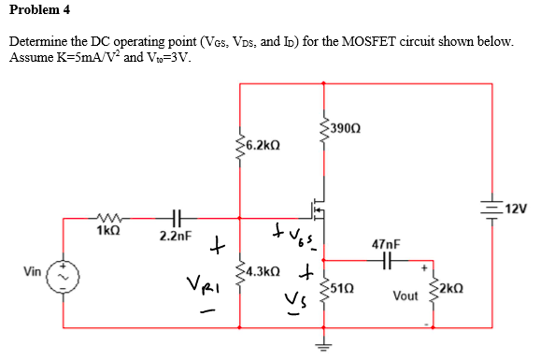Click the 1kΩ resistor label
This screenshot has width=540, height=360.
tap(107, 228)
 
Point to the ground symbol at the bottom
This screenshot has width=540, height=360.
tap(323, 342)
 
